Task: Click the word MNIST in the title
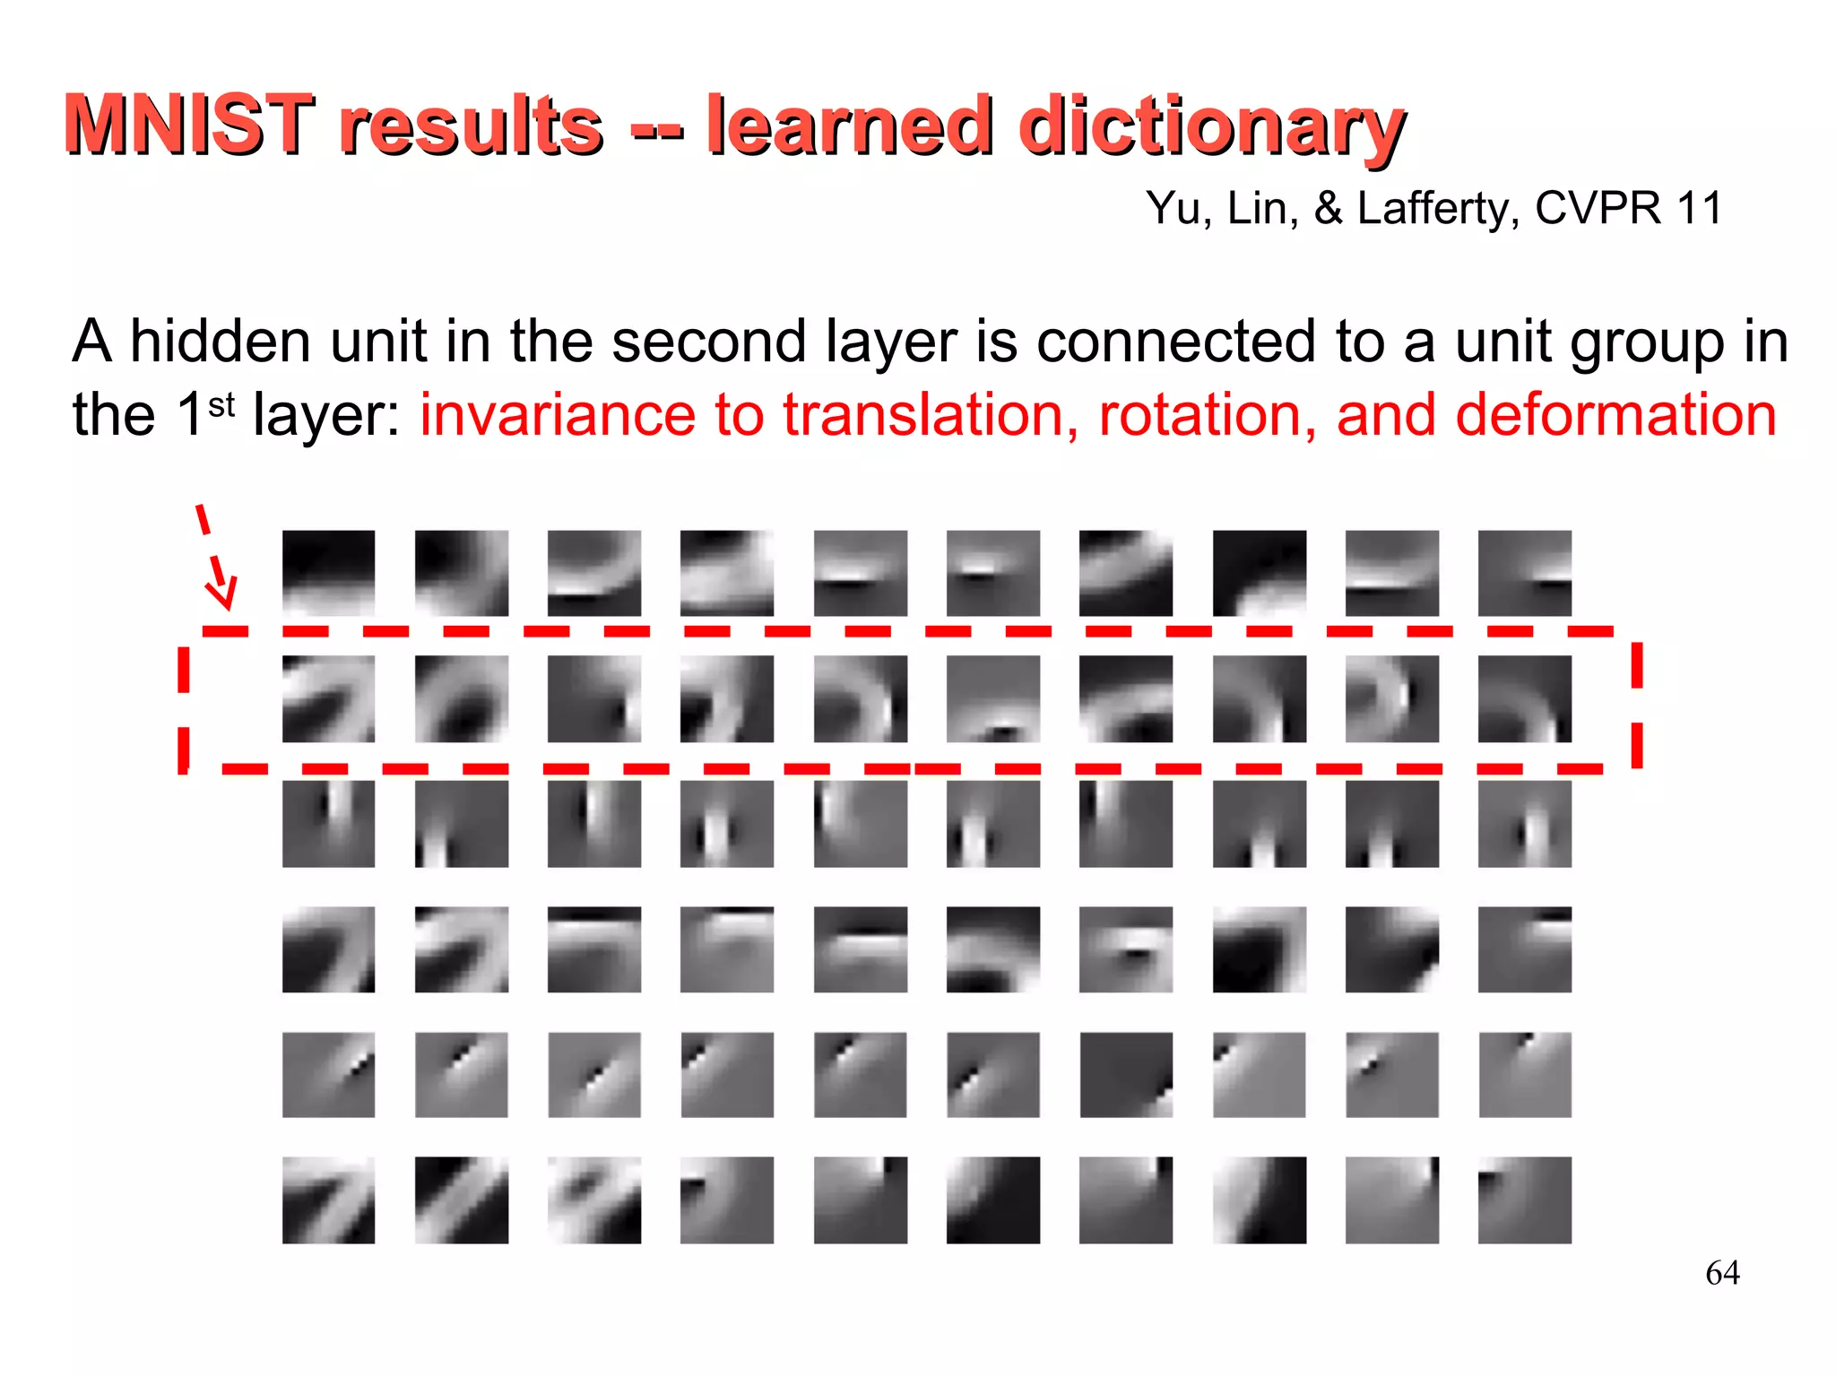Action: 188,125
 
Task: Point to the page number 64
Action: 1722,1273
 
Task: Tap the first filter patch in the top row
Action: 328,573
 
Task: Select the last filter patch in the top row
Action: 1524,573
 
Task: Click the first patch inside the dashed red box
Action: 328,698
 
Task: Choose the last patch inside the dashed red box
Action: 1524,698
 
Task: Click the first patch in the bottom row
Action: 328,1199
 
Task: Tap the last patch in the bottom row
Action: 1524,1199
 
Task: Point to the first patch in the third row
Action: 328,823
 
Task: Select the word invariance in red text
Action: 556,415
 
